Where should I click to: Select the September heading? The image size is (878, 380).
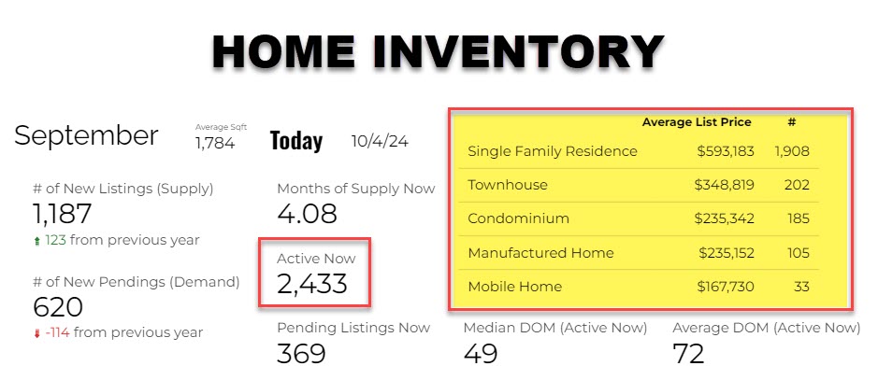[86, 136]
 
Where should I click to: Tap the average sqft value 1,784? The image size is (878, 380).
[215, 144]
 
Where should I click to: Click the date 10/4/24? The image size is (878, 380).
[380, 141]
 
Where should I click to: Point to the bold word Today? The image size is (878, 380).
[296, 141]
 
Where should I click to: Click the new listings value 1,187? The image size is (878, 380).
[62, 214]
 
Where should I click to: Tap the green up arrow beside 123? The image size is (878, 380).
[37, 242]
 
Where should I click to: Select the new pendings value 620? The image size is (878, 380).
[58, 307]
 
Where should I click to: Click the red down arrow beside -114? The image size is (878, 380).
[37, 334]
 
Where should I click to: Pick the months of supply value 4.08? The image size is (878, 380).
[307, 214]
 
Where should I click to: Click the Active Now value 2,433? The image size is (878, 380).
[312, 284]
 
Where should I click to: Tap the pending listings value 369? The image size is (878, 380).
[301, 353]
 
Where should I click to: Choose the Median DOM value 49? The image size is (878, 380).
[481, 353]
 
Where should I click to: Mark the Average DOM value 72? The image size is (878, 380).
[688, 353]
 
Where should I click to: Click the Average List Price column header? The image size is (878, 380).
[697, 121]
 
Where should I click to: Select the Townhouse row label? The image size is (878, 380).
[508, 185]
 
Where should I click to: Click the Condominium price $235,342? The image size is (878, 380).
[724, 218]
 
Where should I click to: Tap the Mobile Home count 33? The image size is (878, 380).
[800, 287]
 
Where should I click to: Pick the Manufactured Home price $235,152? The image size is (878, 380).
[727, 253]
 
